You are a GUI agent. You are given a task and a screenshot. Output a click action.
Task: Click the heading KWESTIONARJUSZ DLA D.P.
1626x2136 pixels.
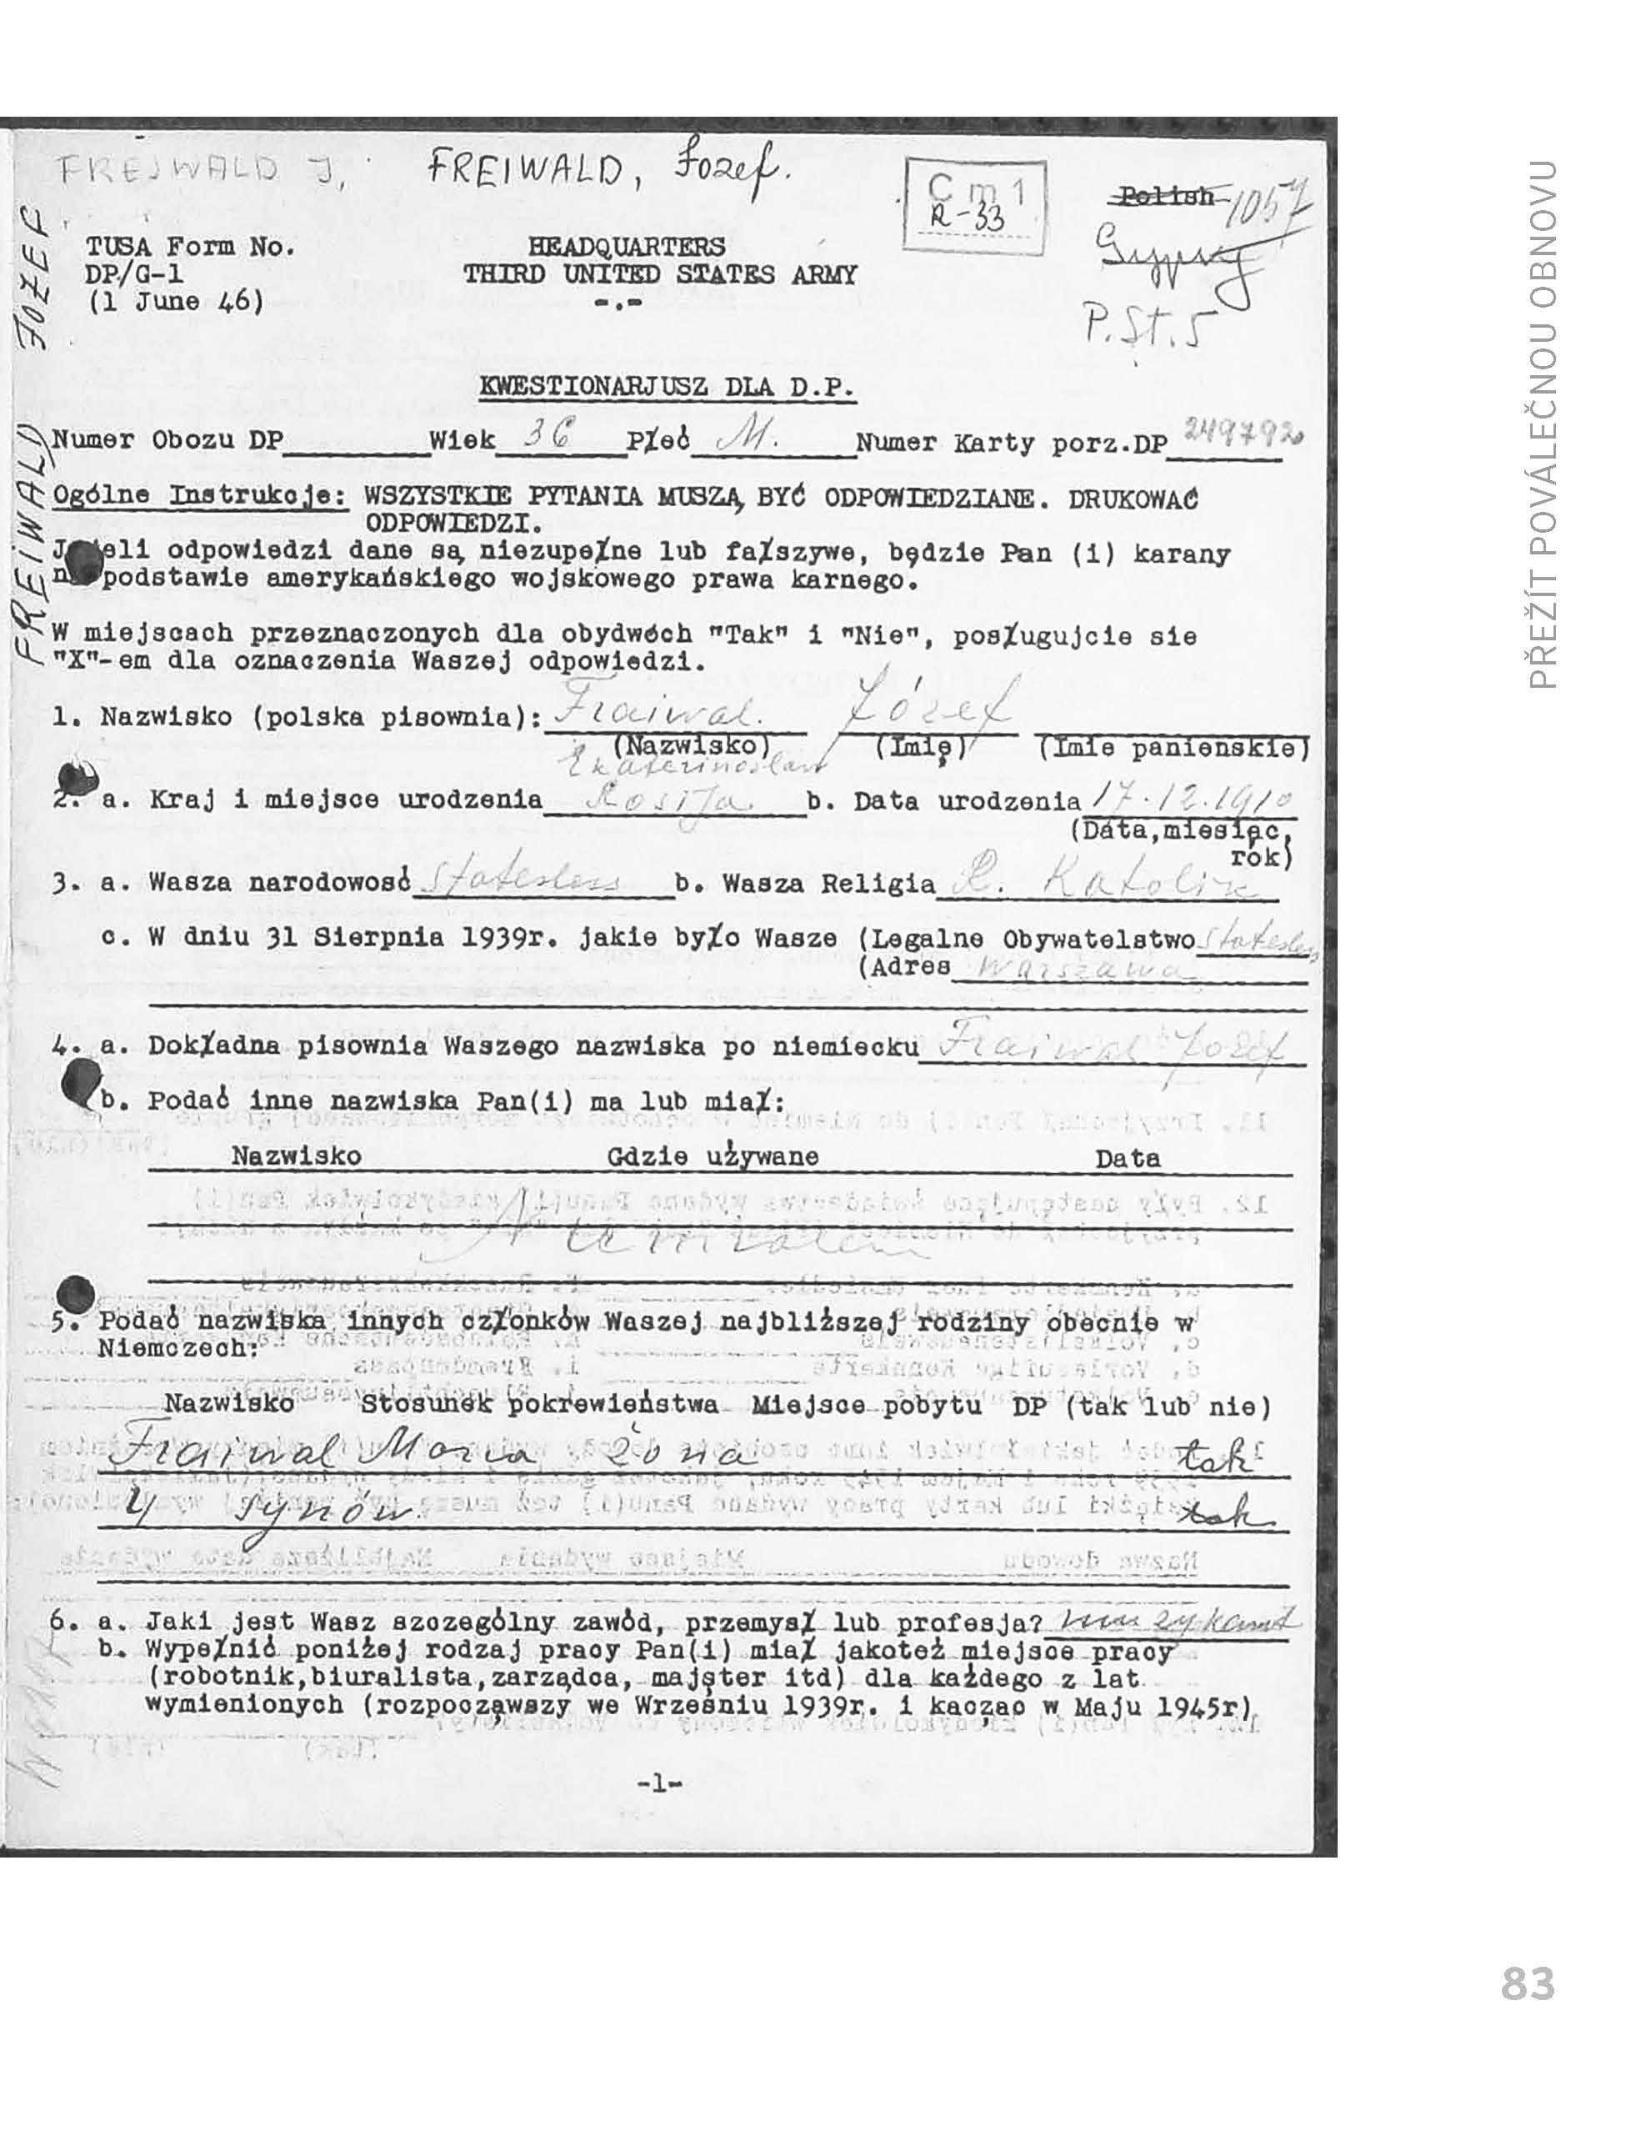click(x=668, y=388)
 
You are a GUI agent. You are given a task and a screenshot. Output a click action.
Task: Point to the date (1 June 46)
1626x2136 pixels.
click(x=175, y=301)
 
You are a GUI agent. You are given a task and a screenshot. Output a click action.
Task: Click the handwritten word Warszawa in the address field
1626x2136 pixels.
click(x=1084, y=967)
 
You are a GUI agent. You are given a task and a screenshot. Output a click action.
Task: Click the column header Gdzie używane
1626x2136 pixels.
click(x=713, y=1156)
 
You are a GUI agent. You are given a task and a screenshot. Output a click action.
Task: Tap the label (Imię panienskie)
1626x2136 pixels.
click(x=1173, y=748)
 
